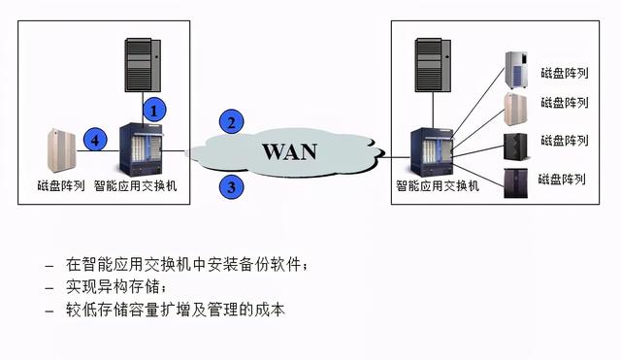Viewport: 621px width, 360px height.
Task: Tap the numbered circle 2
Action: pyautogui.click(x=230, y=122)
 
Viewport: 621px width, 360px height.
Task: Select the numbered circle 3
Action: pyautogui.click(x=230, y=185)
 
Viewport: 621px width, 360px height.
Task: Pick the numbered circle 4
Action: pyautogui.click(x=94, y=142)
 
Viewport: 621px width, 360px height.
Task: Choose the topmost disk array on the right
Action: pyautogui.click(x=515, y=70)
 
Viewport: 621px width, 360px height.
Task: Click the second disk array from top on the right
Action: pyautogui.click(x=515, y=108)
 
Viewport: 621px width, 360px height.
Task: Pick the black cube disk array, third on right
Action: pyautogui.click(x=515, y=145)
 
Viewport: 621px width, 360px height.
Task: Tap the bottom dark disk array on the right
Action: pyautogui.click(x=515, y=182)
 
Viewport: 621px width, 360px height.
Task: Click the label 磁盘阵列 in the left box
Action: pyautogui.click(x=60, y=184)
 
